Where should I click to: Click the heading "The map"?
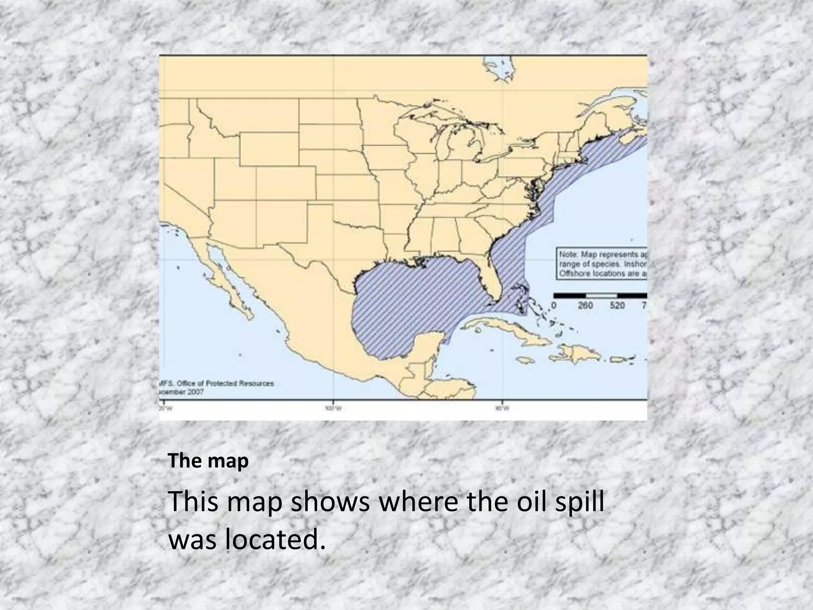208,461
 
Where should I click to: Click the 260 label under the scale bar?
585,305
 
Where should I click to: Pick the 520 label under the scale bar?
617,305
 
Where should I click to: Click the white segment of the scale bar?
601,295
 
